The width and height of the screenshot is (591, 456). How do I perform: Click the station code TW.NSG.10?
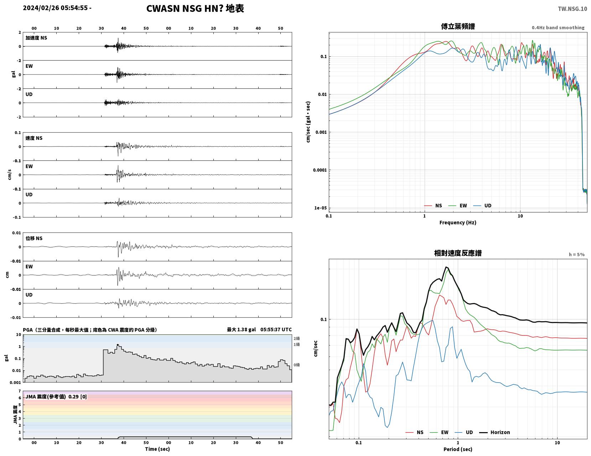572,9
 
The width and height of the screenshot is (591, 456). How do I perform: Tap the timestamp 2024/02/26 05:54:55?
55,8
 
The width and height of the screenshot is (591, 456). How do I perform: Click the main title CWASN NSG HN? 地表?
195,9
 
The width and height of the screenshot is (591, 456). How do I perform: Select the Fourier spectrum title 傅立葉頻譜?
458,26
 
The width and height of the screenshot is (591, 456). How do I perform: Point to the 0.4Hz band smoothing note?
558,27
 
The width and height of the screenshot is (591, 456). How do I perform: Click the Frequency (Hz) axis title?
458,222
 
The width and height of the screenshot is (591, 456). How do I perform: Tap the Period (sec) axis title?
458,449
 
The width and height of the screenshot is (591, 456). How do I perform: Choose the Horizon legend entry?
494,432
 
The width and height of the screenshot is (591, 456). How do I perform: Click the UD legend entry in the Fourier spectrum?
482,205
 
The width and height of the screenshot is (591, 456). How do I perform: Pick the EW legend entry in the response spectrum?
439,432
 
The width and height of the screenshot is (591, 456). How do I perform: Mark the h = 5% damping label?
576,255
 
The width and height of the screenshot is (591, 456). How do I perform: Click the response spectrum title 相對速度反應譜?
458,253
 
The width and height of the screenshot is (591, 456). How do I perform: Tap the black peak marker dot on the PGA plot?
118,345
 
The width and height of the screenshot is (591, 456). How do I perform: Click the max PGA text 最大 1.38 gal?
241,329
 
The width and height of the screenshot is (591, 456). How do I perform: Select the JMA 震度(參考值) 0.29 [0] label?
56,396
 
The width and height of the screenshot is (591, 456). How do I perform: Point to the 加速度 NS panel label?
36,38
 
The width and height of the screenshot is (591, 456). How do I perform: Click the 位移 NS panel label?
34,238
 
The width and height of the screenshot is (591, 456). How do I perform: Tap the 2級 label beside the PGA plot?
296,338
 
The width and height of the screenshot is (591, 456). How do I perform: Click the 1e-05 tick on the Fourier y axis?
320,208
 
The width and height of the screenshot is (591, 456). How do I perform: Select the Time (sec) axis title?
157,449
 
